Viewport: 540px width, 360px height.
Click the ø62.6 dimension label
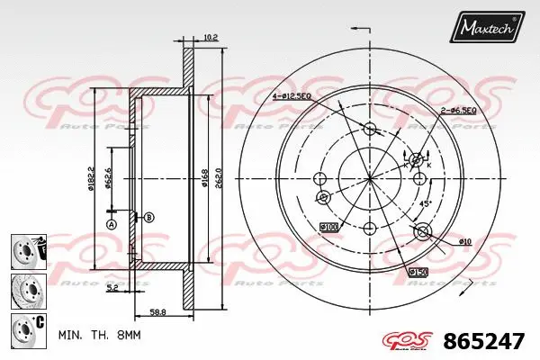107,180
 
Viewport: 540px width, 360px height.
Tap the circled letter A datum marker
112,223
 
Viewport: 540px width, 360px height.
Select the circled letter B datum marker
149,217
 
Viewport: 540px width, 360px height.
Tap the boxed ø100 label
329,228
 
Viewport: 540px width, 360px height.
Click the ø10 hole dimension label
464,241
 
